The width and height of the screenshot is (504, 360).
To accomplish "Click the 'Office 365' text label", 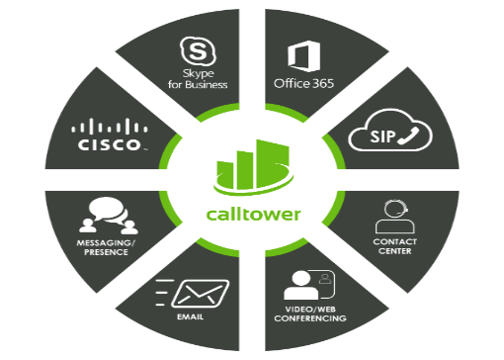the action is point(303,82).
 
